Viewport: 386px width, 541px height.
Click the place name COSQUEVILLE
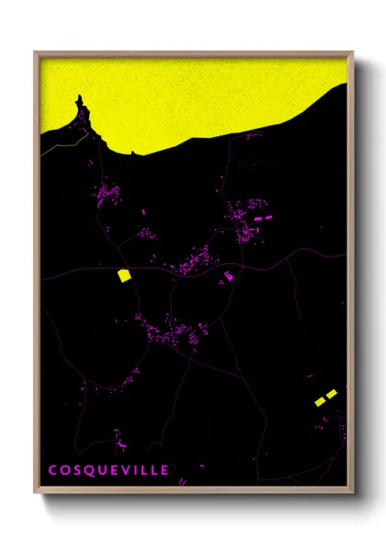108,470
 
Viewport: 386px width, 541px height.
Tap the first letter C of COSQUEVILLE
52,470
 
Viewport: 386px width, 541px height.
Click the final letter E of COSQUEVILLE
165,470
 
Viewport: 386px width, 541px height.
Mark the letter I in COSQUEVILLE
138,470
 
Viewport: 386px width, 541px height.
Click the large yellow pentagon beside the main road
123,274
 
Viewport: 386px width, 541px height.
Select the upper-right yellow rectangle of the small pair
332,394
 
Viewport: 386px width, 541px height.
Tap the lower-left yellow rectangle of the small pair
320,401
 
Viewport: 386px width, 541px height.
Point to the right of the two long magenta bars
269,216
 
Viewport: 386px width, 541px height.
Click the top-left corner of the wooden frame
35,52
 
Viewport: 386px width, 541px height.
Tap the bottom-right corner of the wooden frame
353,494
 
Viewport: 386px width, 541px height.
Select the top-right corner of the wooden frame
353,52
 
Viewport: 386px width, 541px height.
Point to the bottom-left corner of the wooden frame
35,494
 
